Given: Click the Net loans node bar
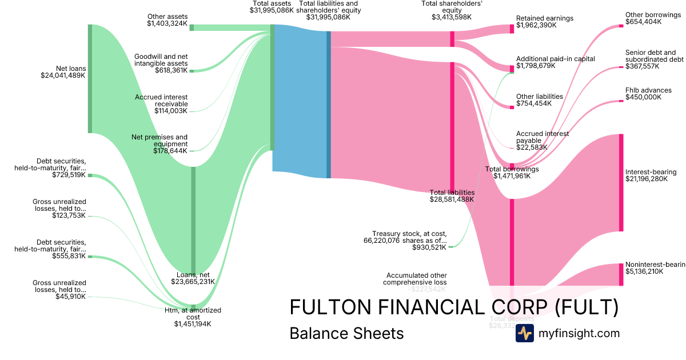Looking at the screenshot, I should pyautogui.click(x=90, y=79).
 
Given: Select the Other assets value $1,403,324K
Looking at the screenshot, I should pyautogui.click(x=167, y=23).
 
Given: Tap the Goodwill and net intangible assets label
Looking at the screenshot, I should pyautogui.click(x=161, y=60).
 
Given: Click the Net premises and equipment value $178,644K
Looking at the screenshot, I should pyautogui.click(x=170, y=151).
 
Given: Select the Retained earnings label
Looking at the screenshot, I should pyautogui.click(x=544, y=18).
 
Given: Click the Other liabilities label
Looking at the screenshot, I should pyautogui.click(x=539, y=97).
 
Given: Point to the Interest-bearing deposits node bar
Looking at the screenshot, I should pyautogui.click(x=621, y=183).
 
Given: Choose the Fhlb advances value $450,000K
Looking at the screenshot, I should pyautogui.click(x=644, y=97).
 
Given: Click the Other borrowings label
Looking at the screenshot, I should pyautogui.click(x=653, y=15).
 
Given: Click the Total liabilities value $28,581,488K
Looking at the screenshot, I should pyautogui.click(x=452, y=199).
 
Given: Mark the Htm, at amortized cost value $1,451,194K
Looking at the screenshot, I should pyautogui.click(x=193, y=324).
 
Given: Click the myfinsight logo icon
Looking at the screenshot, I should pyautogui.click(x=524, y=333).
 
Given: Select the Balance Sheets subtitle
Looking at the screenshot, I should pyautogui.click(x=346, y=333).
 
